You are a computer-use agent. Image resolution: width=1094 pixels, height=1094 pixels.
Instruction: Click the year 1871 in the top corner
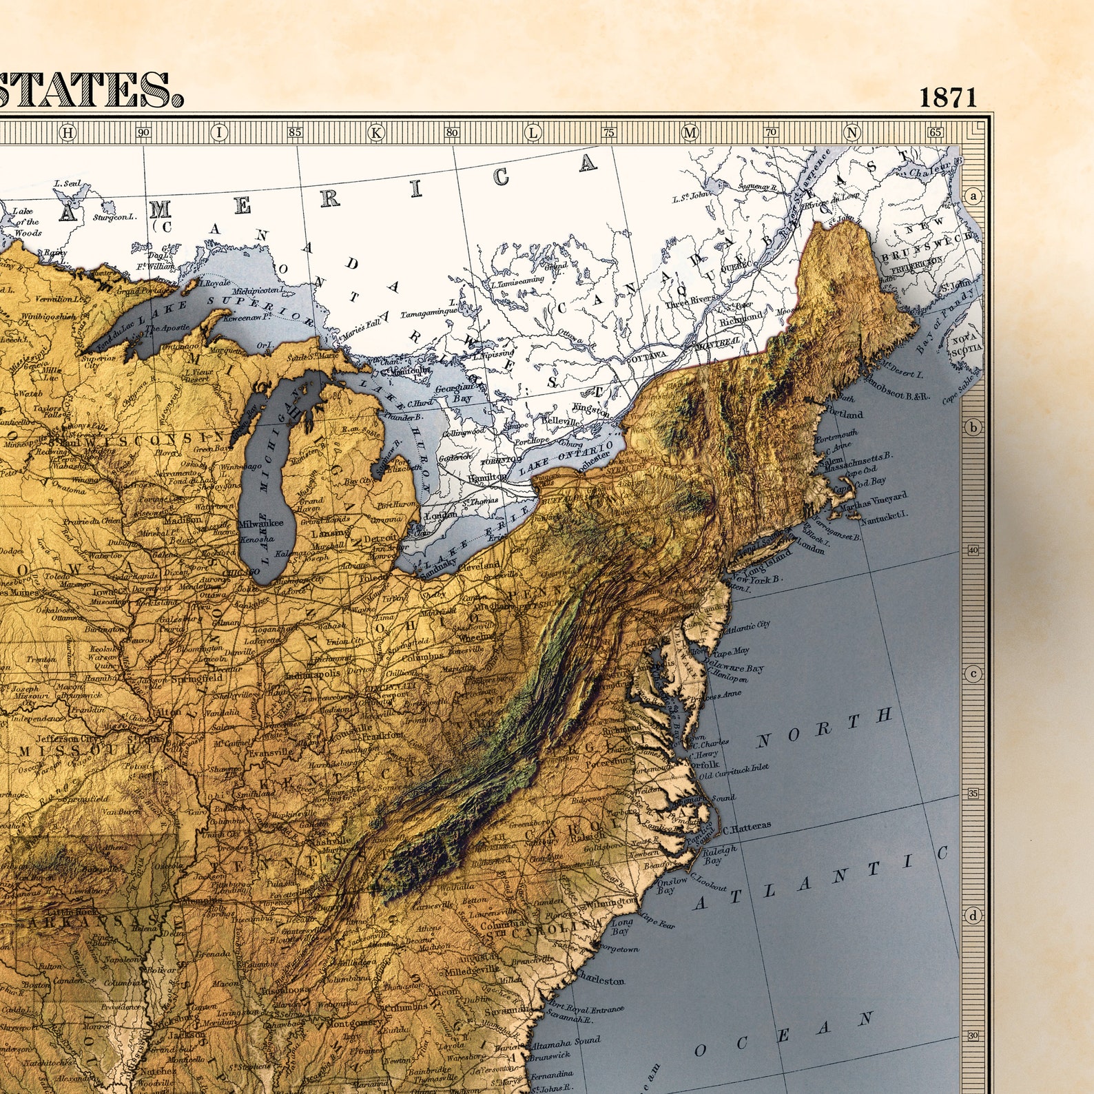coord(948,97)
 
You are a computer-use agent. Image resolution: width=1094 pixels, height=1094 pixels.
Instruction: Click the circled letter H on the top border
coord(68,132)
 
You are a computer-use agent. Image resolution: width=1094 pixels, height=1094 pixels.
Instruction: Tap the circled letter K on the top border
coord(377,132)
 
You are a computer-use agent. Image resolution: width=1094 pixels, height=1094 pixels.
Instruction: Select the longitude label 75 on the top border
coord(609,132)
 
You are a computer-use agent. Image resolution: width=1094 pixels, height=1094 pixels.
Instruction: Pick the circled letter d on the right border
coord(973,916)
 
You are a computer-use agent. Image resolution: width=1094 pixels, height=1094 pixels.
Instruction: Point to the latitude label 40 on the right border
coord(973,550)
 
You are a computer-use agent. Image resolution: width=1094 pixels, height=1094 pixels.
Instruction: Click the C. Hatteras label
coord(747,826)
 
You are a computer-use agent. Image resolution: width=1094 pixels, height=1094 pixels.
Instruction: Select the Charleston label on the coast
coord(601,980)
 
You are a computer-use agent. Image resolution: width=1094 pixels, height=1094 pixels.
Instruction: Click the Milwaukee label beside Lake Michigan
coord(260,523)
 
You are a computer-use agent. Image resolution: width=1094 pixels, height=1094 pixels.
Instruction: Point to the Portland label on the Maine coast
coord(842,415)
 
